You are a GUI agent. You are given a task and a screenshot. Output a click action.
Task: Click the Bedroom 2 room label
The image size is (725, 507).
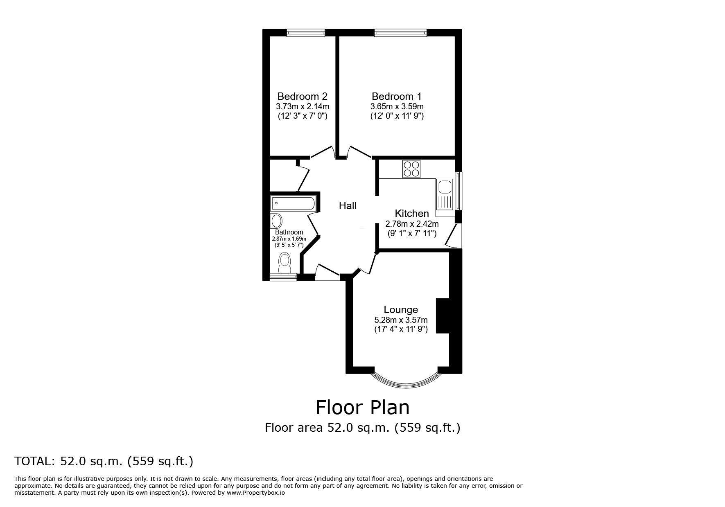[302, 97]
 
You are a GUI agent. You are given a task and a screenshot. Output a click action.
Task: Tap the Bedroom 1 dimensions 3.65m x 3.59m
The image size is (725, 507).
[397, 106]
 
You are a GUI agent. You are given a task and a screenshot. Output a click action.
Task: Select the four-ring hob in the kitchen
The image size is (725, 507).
[411, 169]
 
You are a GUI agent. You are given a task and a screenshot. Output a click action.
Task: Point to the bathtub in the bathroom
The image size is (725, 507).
[293, 203]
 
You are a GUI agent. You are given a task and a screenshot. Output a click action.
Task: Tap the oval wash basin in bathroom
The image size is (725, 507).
[277, 221]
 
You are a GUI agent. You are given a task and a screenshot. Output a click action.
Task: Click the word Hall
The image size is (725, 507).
[348, 206]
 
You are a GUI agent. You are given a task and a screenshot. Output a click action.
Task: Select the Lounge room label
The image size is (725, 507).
[401, 310]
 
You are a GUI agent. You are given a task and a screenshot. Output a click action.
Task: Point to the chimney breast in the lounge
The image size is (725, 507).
[443, 315]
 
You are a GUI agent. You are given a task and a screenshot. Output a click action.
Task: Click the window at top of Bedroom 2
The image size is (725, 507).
[306, 33]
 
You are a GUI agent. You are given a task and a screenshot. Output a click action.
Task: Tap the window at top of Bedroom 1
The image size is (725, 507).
[400, 33]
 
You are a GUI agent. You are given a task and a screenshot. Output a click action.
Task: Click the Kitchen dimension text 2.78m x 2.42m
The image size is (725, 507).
[412, 224]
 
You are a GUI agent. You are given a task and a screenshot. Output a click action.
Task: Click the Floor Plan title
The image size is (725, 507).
[362, 408]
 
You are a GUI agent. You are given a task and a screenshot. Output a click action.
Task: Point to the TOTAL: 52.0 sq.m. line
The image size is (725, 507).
[104, 462]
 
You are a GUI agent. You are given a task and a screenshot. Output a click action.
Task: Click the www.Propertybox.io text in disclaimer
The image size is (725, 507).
[256, 493]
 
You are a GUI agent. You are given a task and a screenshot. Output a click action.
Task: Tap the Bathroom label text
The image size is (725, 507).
[289, 232]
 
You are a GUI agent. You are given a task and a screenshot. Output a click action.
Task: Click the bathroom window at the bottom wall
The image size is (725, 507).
[283, 277]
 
